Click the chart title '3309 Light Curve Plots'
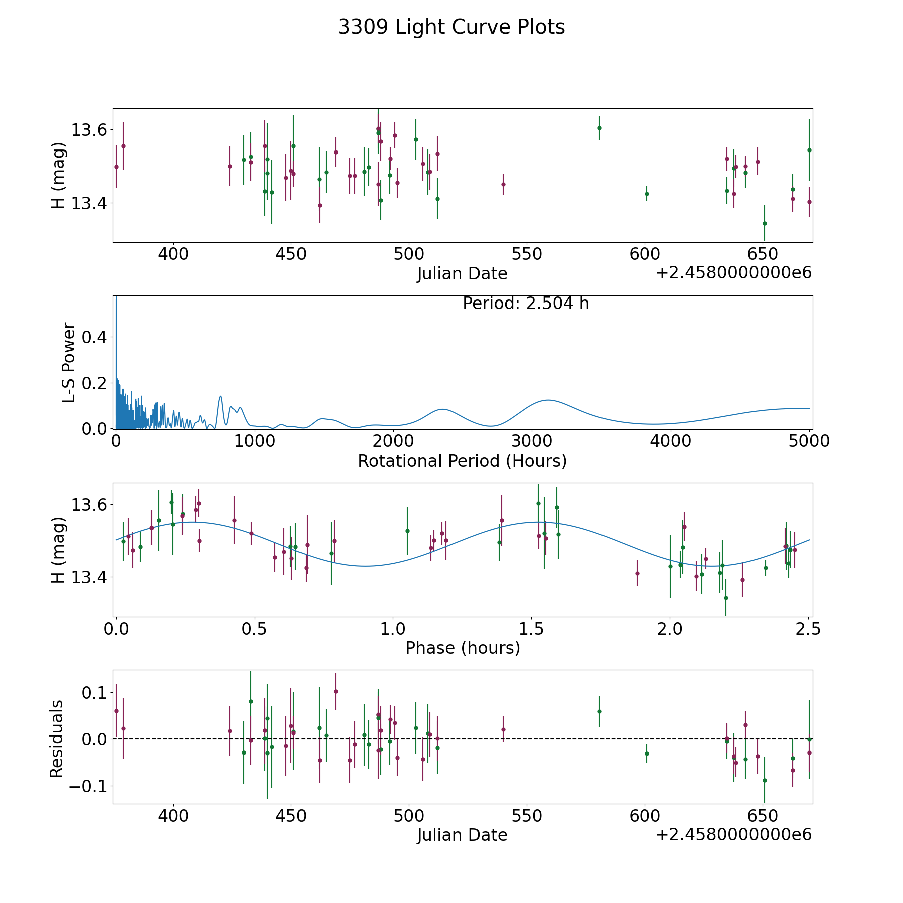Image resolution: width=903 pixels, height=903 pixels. point(451,27)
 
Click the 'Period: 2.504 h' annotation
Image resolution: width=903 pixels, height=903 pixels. point(525,304)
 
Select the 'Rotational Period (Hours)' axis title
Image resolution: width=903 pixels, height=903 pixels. point(462,461)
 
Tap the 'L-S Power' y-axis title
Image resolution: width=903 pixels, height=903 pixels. point(69,362)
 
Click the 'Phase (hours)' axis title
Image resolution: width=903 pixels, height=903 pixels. point(463,648)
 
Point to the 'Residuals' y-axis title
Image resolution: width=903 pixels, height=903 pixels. point(57,739)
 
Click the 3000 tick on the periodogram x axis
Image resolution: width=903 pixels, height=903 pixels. point(532,441)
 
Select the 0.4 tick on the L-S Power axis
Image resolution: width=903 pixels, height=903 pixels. point(94,337)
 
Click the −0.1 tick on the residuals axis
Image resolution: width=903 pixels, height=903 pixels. point(89,786)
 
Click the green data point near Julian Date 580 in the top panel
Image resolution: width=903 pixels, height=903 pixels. point(599,128)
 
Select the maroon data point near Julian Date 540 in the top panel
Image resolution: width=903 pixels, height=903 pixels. point(503,184)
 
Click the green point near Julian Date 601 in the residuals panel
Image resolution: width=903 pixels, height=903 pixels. point(647,754)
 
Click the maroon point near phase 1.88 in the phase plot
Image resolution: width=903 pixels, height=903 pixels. point(637,573)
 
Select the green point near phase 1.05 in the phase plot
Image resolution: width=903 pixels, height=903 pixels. point(407,531)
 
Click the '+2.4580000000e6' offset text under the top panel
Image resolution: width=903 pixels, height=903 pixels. point(733,273)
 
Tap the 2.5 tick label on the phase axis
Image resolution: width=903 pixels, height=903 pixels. point(808,629)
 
